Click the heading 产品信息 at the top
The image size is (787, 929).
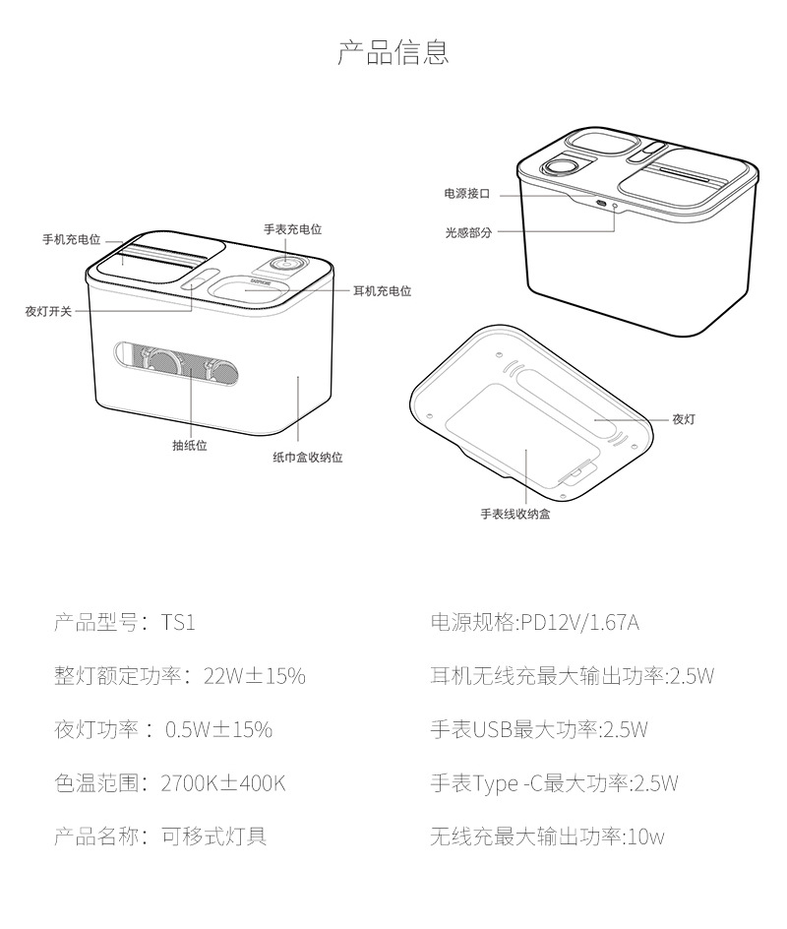[393, 52]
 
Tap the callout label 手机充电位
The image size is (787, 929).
[71, 239]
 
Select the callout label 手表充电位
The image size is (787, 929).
[292, 229]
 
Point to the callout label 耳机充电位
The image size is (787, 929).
[382, 291]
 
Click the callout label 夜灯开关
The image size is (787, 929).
[48, 311]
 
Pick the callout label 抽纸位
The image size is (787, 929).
[190, 445]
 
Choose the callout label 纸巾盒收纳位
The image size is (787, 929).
[307, 458]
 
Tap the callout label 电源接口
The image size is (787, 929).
[466, 194]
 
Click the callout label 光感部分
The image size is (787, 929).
[467, 233]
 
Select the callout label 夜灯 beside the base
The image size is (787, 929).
[684, 419]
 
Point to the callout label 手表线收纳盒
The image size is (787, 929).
[515, 514]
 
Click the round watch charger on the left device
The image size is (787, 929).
[285, 265]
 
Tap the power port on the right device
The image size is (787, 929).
[599, 205]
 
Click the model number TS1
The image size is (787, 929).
[178, 623]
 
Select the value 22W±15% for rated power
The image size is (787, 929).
[254, 676]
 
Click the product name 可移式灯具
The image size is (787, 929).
[213, 836]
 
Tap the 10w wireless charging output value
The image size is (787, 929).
[645, 837]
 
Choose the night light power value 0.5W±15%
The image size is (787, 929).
[218, 730]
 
